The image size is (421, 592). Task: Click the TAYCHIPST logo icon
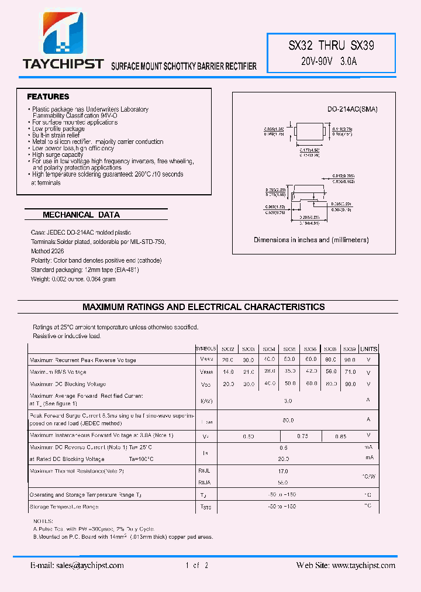tap(63, 35)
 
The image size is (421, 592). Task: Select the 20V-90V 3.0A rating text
tap(332, 61)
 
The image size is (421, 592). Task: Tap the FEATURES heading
tap(48, 97)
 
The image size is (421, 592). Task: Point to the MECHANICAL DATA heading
tap(81, 215)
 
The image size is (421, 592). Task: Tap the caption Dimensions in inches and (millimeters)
tap(311, 240)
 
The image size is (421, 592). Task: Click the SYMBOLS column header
tap(206, 349)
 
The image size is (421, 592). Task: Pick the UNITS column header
tap(368, 349)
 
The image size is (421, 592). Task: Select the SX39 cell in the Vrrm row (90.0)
tap(350, 360)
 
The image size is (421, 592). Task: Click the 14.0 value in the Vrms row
tap(228, 372)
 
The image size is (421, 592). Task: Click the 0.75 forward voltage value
tap(302, 436)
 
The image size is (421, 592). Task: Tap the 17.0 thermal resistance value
tap(283, 471)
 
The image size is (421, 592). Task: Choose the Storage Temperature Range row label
tap(64, 507)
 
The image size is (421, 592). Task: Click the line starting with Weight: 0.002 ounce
tap(73, 280)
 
